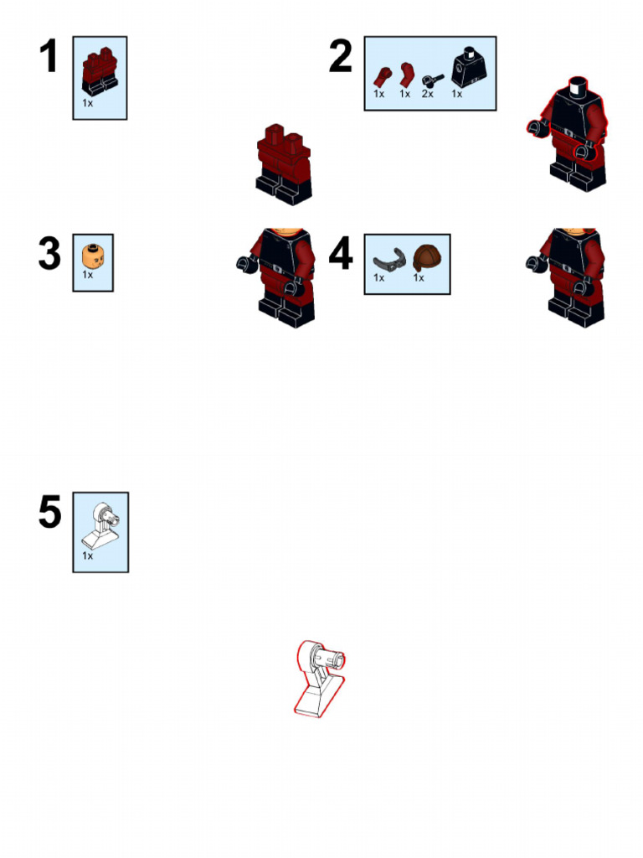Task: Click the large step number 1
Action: coord(49,56)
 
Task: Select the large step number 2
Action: coord(340,56)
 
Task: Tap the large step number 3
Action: coord(49,253)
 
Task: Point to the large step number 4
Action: coord(341,253)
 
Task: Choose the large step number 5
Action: coord(49,512)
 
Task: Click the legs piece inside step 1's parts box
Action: coord(100,71)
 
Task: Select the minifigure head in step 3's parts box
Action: coord(93,256)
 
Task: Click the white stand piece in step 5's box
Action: coord(101,526)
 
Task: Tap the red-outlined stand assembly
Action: coord(319,679)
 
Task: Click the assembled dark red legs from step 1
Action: coord(284,165)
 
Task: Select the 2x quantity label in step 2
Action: coord(428,94)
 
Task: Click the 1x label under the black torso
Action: coord(456,94)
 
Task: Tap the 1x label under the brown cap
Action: coord(419,278)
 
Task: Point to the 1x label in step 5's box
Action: coord(87,556)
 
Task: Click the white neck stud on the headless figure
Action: coord(578,87)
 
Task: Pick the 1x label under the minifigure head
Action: coord(87,275)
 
